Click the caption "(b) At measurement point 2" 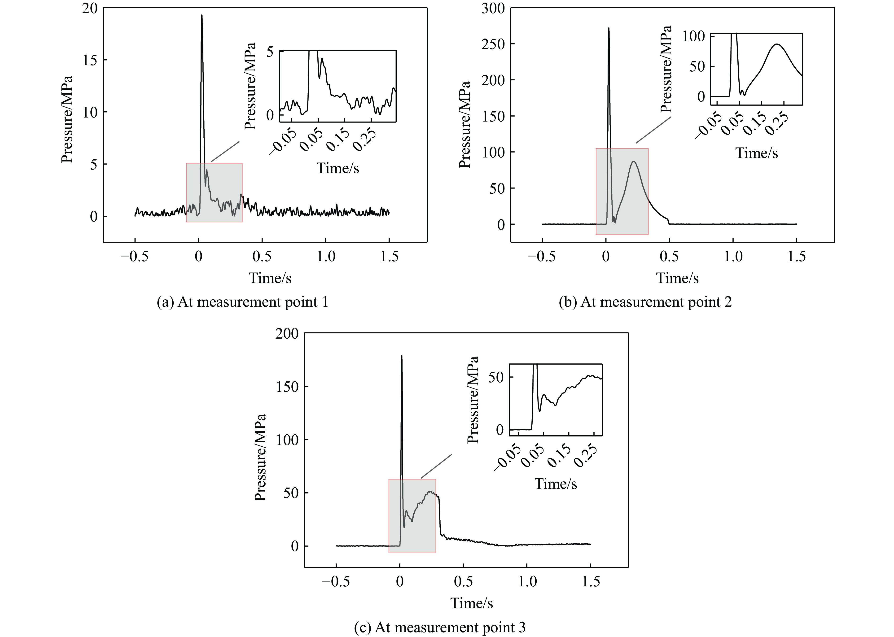click(x=645, y=302)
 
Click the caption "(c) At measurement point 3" click(x=439, y=627)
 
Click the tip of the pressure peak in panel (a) click(x=202, y=15)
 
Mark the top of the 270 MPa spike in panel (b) click(x=609, y=28)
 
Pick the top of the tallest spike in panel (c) click(x=401, y=356)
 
